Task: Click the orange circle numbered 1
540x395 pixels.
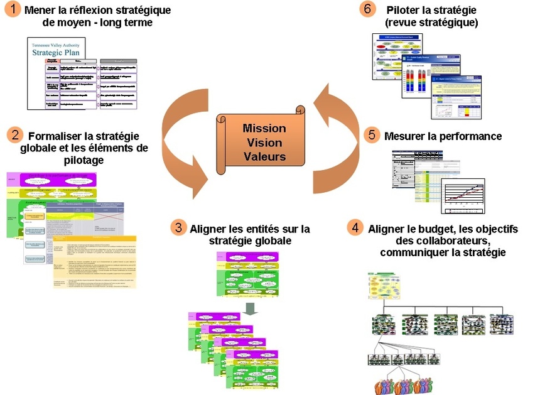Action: (x=11, y=11)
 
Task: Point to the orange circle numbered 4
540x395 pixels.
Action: (x=356, y=228)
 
